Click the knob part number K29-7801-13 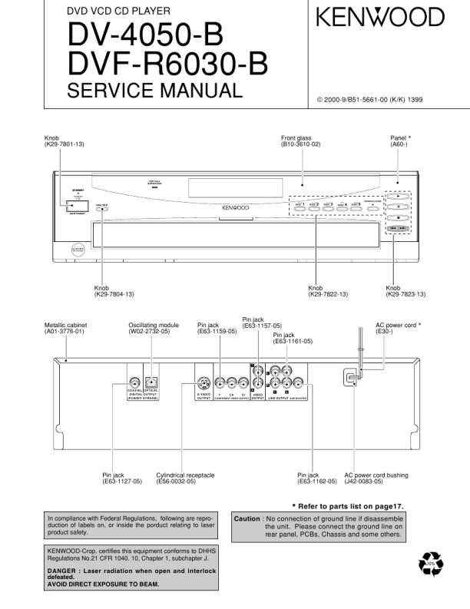[x=67, y=144]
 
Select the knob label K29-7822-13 [x=328, y=294]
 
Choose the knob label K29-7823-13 [x=406, y=294]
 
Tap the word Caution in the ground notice [x=247, y=519]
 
